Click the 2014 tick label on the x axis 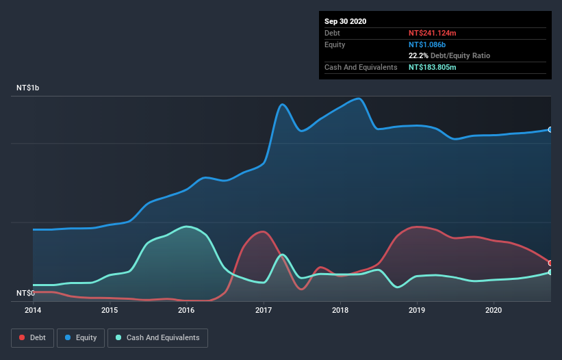coord(33,310)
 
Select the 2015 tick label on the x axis coord(110,310)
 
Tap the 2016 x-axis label coord(186,310)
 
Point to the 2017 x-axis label coord(264,310)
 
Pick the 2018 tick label coord(340,310)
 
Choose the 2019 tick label coord(417,310)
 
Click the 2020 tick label coord(494,310)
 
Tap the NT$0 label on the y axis coord(26,293)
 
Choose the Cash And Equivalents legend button coord(157,337)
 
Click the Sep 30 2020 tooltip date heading coord(345,21)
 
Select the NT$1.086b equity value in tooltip coord(427,44)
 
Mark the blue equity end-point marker coord(550,129)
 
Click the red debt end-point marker coord(550,263)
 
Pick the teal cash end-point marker coord(550,272)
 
